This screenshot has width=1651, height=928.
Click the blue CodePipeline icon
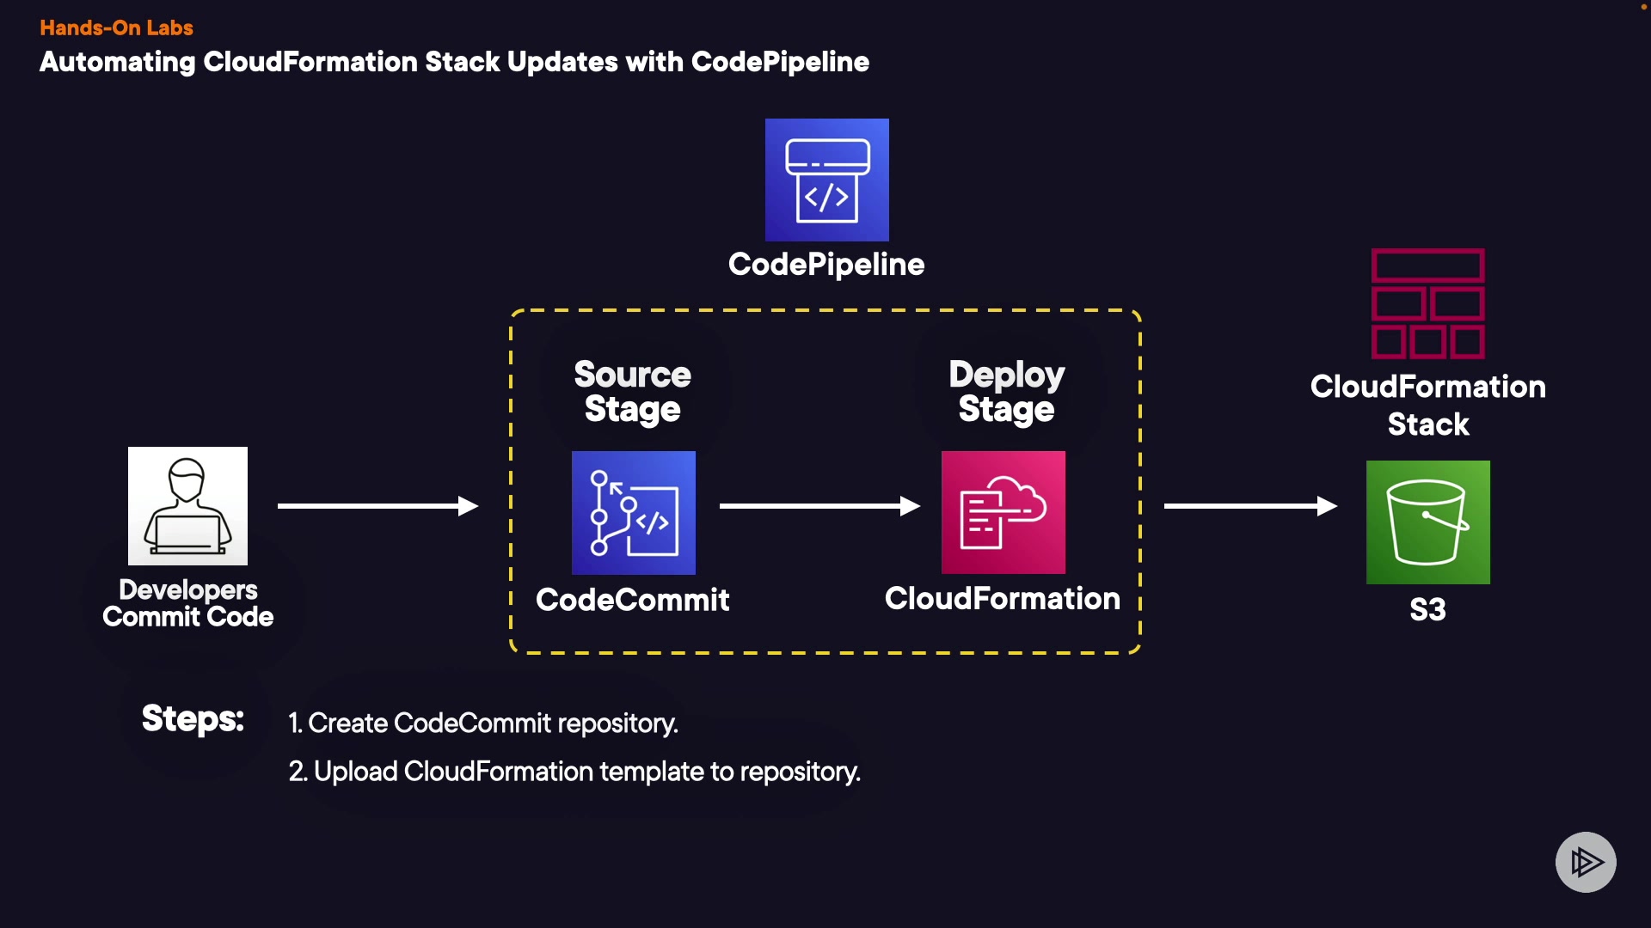[826, 180]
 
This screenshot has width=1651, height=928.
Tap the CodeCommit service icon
[634, 513]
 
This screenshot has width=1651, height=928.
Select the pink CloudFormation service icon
[1003, 513]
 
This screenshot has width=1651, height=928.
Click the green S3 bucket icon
[1427, 522]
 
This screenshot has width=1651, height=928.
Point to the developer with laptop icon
[187, 506]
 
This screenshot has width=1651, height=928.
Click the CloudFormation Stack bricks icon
[1427, 303]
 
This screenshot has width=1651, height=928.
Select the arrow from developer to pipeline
[377, 506]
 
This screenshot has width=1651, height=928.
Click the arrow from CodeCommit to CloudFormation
[819, 506]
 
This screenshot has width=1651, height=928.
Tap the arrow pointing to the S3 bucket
[1250, 506]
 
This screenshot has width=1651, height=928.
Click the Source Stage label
[633, 392]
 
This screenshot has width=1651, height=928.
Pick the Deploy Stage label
[1006, 392]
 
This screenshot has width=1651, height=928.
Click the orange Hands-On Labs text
[116, 27]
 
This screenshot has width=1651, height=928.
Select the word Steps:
[193, 718]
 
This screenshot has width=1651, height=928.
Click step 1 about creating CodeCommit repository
[483, 723]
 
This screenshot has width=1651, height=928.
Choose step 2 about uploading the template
[574, 772]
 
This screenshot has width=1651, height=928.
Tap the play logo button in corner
[1586, 862]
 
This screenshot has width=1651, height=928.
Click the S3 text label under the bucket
[1427, 610]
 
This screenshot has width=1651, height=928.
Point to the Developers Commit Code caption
[187, 603]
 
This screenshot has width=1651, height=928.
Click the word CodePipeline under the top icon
[826, 265]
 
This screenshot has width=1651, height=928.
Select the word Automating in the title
[118, 62]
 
